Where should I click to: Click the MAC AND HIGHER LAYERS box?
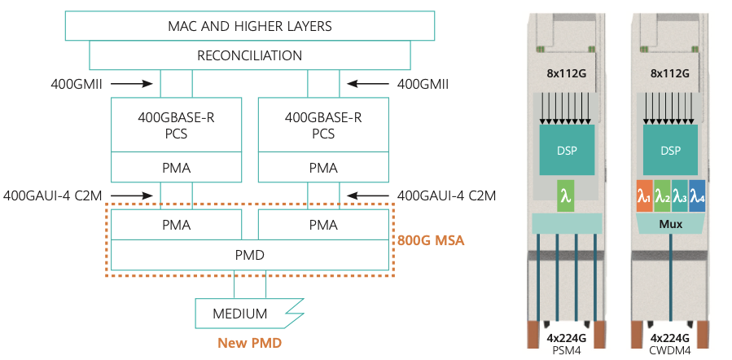click(249, 26)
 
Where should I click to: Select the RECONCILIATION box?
click(249, 55)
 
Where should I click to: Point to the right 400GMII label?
click(423, 83)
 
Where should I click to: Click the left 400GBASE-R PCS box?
click(176, 125)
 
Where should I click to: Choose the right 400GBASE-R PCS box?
click(323, 125)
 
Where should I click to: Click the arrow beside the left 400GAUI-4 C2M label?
click(132, 195)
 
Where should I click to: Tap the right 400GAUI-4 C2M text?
click(446, 195)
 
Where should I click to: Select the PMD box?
click(249, 255)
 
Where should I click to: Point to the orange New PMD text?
click(249, 344)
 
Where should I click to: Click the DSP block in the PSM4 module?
click(567, 151)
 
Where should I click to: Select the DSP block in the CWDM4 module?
click(671, 151)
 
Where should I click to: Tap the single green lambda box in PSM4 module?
click(567, 195)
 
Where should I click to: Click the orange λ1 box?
click(644, 196)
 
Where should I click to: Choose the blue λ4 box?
click(697, 196)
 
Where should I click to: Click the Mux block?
click(671, 221)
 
